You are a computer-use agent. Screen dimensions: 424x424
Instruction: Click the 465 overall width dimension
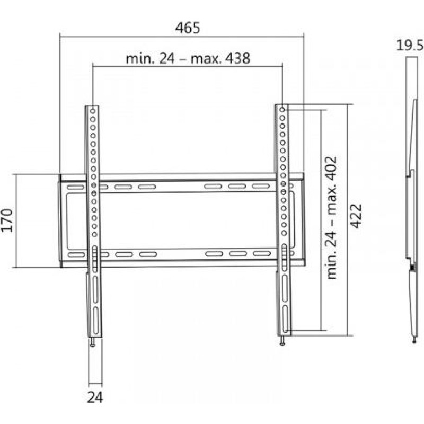coord(188,28)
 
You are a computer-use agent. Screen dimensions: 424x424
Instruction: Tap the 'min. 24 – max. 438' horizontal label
coord(188,59)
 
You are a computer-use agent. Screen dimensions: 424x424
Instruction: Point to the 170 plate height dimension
coord(7,220)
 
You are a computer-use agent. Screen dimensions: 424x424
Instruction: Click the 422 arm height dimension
coord(356,216)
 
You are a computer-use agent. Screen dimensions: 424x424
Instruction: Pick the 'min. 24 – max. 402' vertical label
coord(332,218)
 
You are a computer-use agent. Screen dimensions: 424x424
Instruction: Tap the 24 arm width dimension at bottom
coord(95,398)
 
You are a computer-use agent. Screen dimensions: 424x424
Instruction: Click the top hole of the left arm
coord(93,111)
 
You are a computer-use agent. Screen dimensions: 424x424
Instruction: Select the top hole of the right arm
coord(282,110)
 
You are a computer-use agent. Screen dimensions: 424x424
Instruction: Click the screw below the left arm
coord(93,342)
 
